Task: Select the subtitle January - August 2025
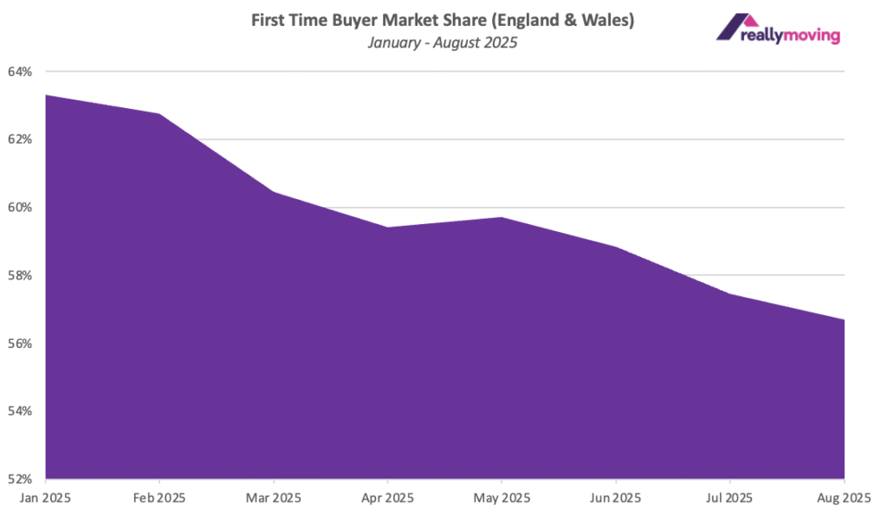[x=443, y=42]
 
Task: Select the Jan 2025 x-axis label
[x=45, y=498]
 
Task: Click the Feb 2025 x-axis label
[x=159, y=498]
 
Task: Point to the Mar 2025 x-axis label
[x=274, y=498]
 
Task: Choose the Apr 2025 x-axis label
[x=387, y=498]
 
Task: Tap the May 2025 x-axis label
[x=502, y=498]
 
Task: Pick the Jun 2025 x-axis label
[x=616, y=498]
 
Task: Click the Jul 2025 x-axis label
[x=730, y=498]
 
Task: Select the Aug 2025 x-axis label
[x=842, y=498]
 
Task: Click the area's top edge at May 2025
[x=502, y=217]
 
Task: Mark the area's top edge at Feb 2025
[x=159, y=114]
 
